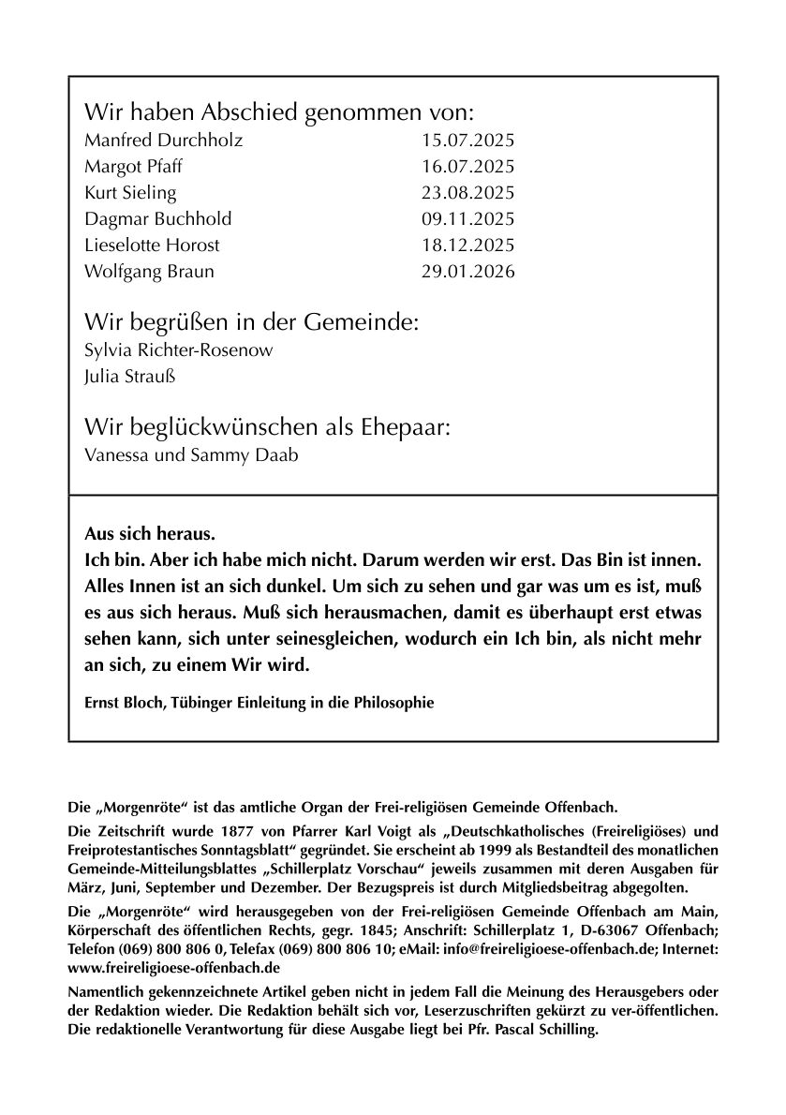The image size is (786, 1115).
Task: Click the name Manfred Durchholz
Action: pos(163,141)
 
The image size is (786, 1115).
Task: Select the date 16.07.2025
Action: pos(468,168)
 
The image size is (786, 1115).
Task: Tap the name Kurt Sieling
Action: pos(130,194)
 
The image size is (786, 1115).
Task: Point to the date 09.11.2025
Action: pos(468,219)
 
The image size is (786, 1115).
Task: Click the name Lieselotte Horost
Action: pos(152,245)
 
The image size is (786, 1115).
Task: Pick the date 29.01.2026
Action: pos(468,272)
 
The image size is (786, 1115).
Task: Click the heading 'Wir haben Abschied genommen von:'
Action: pos(280,113)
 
